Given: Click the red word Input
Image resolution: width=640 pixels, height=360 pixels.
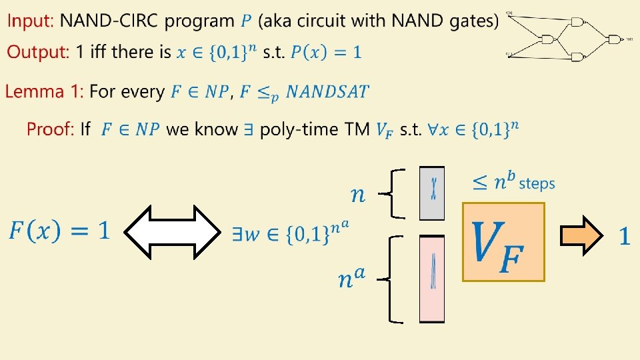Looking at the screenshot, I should coord(29,21).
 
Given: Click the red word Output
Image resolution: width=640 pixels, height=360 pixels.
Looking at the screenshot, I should coord(37,52).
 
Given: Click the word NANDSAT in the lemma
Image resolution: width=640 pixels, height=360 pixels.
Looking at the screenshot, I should coord(327,92).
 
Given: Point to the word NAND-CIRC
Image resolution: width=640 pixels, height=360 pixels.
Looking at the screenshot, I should coord(109,21).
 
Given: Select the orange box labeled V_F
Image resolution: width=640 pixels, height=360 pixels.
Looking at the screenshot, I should coord(503,242).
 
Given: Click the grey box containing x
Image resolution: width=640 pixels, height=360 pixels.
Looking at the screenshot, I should coord(432,193).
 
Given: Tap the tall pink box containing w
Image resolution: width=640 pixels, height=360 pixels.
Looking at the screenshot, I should coord(432,279).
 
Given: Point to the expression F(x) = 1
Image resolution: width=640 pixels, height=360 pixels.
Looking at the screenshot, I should coord(59,232).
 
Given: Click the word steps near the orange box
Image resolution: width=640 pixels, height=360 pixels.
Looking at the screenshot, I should coord(536,182).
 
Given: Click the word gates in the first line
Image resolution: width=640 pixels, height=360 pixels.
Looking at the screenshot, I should coord(471,21).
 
